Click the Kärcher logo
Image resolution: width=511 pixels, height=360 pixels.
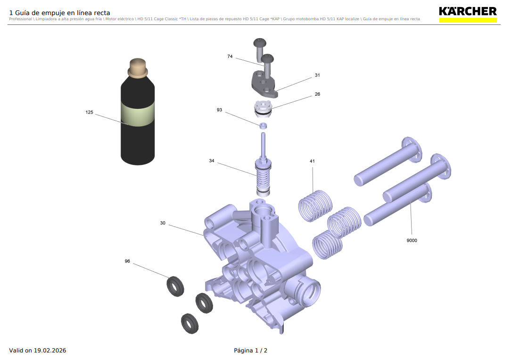coord(468,14)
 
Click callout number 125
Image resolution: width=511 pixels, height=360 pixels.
coord(89,113)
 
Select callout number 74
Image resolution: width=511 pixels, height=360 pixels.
coord(230,57)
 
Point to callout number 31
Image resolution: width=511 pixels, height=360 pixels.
coord(317,75)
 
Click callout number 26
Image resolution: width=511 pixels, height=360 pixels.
coord(317,94)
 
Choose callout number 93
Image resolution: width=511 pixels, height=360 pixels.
coord(219,110)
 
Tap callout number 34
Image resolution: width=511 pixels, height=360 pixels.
coord(212,161)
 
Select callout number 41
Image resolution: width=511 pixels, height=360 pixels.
coord(312,161)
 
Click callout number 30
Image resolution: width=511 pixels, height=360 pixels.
coord(163,223)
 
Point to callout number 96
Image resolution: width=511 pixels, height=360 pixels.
coord(127,261)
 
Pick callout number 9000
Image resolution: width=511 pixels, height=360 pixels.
coord(412,240)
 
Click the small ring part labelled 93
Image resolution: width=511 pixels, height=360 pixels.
coord(264,125)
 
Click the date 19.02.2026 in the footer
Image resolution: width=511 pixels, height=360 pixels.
coord(50,351)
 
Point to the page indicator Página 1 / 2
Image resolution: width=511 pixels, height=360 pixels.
coord(250,351)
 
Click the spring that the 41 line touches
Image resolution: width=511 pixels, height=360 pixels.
coord(315,205)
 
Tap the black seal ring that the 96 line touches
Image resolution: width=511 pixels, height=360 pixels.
coord(175,286)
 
